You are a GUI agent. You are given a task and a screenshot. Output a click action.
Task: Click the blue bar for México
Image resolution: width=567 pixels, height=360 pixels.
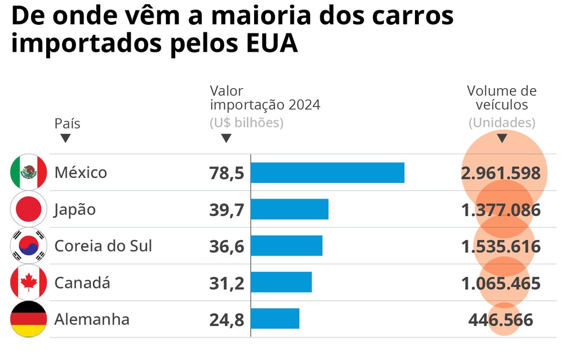click(327, 173)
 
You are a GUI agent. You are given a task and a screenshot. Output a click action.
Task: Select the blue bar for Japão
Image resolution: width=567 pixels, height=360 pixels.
click(289, 209)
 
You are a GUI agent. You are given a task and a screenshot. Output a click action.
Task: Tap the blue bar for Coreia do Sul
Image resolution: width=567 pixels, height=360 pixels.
click(286, 246)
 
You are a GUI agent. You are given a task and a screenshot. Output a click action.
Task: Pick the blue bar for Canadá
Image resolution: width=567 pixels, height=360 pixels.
click(281, 282)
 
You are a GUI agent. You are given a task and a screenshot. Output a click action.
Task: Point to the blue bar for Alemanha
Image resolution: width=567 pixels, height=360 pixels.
click(275, 319)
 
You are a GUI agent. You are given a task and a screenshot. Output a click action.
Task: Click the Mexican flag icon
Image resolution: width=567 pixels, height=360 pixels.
click(28, 172)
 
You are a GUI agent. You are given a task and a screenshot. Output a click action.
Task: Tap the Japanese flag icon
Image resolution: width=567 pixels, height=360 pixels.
click(28, 209)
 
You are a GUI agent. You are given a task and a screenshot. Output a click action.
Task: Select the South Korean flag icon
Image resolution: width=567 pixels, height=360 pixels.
click(28, 246)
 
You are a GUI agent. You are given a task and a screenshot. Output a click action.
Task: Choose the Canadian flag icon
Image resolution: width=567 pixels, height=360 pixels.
click(28, 282)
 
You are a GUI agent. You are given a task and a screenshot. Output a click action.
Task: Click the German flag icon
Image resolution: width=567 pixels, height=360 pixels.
click(28, 319)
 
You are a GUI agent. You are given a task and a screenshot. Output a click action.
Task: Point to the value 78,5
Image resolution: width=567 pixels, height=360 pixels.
click(226, 173)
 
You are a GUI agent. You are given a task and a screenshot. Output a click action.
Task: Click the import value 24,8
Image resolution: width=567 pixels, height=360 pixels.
click(226, 319)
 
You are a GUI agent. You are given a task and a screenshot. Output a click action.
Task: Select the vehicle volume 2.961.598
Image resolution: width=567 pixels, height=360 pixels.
click(501, 173)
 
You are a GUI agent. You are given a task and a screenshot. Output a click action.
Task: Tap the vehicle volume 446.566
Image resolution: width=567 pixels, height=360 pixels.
click(501, 320)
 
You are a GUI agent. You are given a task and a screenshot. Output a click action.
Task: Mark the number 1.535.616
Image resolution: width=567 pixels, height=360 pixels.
click(501, 247)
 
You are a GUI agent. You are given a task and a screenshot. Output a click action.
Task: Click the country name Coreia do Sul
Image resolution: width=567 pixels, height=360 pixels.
click(103, 246)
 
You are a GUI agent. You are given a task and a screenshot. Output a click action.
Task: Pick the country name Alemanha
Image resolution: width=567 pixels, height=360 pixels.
click(92, 319)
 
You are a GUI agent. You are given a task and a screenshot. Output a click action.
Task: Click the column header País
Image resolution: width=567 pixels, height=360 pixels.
click(67, 123)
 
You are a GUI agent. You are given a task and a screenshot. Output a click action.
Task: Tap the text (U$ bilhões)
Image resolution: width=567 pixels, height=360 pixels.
click(247, 123)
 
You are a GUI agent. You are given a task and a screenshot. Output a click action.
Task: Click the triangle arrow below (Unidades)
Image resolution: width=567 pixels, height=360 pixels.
click(502, 138)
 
